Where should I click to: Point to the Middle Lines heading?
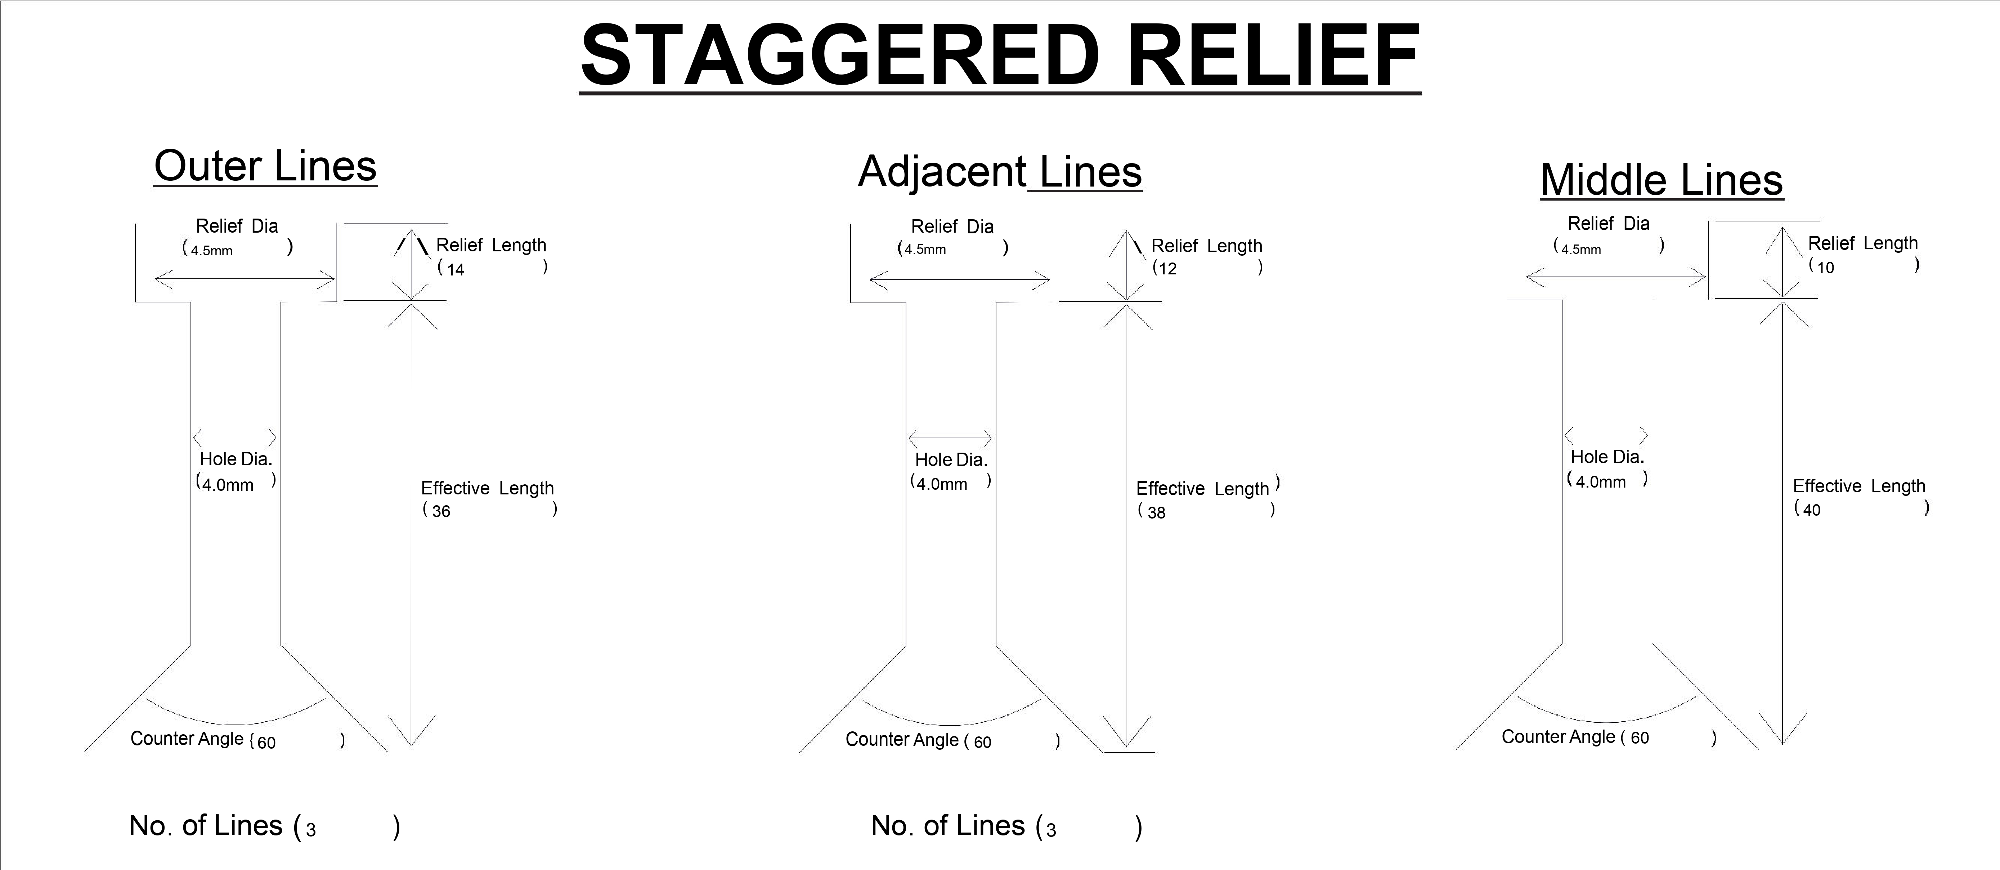pos(1662,180)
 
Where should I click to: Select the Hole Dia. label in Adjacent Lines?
pos(951,459)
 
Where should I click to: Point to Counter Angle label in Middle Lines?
pos(1558,736)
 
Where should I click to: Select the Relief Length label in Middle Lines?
pos(1862,243)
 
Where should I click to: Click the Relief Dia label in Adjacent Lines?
pos(952,227)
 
